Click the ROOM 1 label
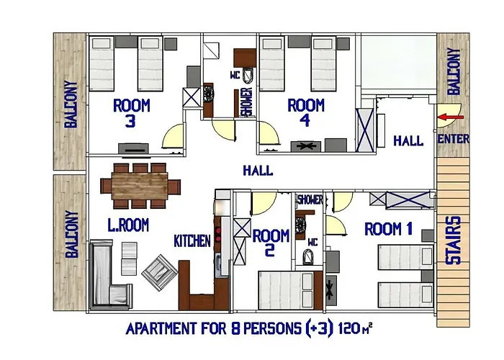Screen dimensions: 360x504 coord(389,230)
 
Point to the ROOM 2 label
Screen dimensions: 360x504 coord(271,243)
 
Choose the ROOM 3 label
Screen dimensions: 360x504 coord(132,114)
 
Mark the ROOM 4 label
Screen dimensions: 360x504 coord(305,112)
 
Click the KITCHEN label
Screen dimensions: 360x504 coord(192,241)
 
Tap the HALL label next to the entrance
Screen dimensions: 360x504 coord(408,141)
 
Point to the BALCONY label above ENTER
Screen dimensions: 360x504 coord(453,71)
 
